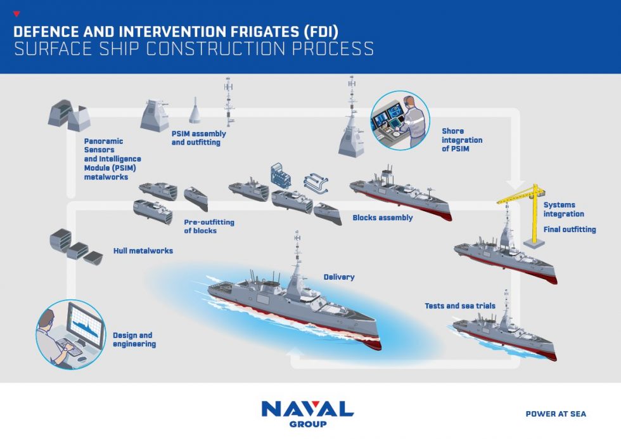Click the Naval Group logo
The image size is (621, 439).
click(307, 413)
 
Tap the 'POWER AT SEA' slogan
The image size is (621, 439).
click(556, 414)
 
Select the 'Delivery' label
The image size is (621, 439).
click(339, 277)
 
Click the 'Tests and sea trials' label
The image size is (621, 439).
click(459, 306)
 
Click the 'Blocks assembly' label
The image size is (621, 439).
click(383, 218)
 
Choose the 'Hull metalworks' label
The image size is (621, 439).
click(143, 251)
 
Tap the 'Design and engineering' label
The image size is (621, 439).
click(134, 339)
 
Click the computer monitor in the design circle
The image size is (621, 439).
click(84, 324)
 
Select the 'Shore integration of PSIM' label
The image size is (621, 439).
click(462, 140)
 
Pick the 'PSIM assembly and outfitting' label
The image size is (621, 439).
click(198, 138)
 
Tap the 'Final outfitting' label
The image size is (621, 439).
click(570, 230)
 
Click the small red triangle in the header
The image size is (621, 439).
click(16, 14)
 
